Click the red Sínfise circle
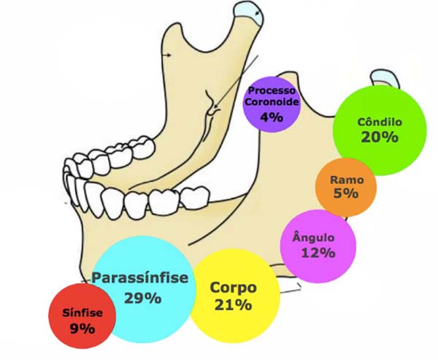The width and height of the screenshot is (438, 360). coord(82,316)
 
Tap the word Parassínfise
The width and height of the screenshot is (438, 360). coord(140,277)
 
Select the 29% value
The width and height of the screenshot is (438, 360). coord(143,298)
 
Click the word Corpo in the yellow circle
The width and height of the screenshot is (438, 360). coord(234,288)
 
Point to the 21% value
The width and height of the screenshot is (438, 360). coord(234,305)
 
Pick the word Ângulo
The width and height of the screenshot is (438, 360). coord(313,237)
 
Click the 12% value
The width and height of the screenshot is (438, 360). coord(318,253)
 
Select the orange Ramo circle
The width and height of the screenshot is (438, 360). coord(346,187)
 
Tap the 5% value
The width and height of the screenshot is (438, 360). coord(346,194)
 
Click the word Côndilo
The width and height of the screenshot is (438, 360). coord(380,122)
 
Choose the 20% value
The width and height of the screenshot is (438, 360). coord(380,137)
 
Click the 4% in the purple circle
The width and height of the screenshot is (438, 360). coord(272,118)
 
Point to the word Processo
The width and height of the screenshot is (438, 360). coord(272,91)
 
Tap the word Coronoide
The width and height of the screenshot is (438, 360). coord(272,102)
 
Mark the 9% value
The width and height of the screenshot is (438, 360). coord(82,329)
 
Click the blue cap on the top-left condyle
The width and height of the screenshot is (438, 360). coord(250,12)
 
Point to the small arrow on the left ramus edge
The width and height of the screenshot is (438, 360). coord(167,55)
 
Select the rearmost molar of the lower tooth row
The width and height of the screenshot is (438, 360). coord(195,197)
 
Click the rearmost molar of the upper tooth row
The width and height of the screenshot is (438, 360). coord(143,147)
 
